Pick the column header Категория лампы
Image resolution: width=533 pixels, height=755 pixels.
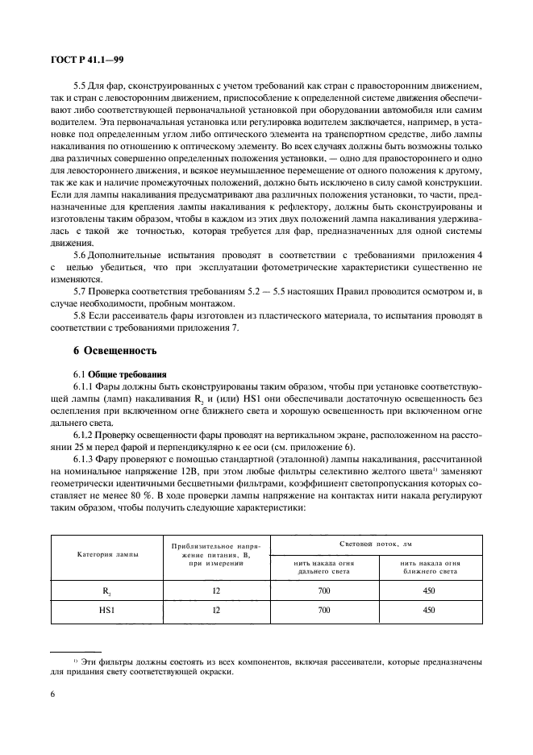pos(107,555)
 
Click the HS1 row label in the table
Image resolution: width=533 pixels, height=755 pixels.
pos(107,611)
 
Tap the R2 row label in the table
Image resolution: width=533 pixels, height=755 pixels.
pos(107,591)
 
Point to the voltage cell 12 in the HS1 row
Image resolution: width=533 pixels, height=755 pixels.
pos(216,611)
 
